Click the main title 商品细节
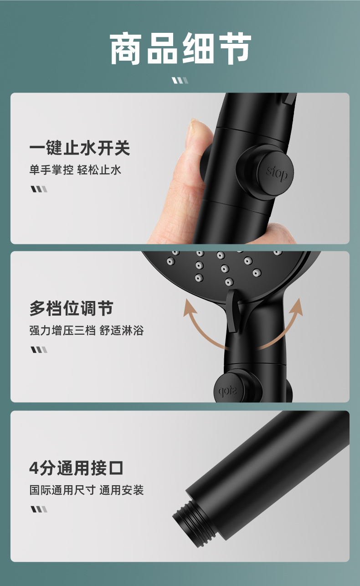180,49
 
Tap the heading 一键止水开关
80,148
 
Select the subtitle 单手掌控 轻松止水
75,170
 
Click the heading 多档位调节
72,308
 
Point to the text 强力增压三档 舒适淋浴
87,331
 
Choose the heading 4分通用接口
76,468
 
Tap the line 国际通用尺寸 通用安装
87,490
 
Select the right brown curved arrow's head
297,306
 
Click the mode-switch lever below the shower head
232,311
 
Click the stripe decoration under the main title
180,80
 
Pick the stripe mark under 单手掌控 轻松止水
39,189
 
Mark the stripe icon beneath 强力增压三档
39,349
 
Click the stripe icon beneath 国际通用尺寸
39,509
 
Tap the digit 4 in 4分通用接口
34,468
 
